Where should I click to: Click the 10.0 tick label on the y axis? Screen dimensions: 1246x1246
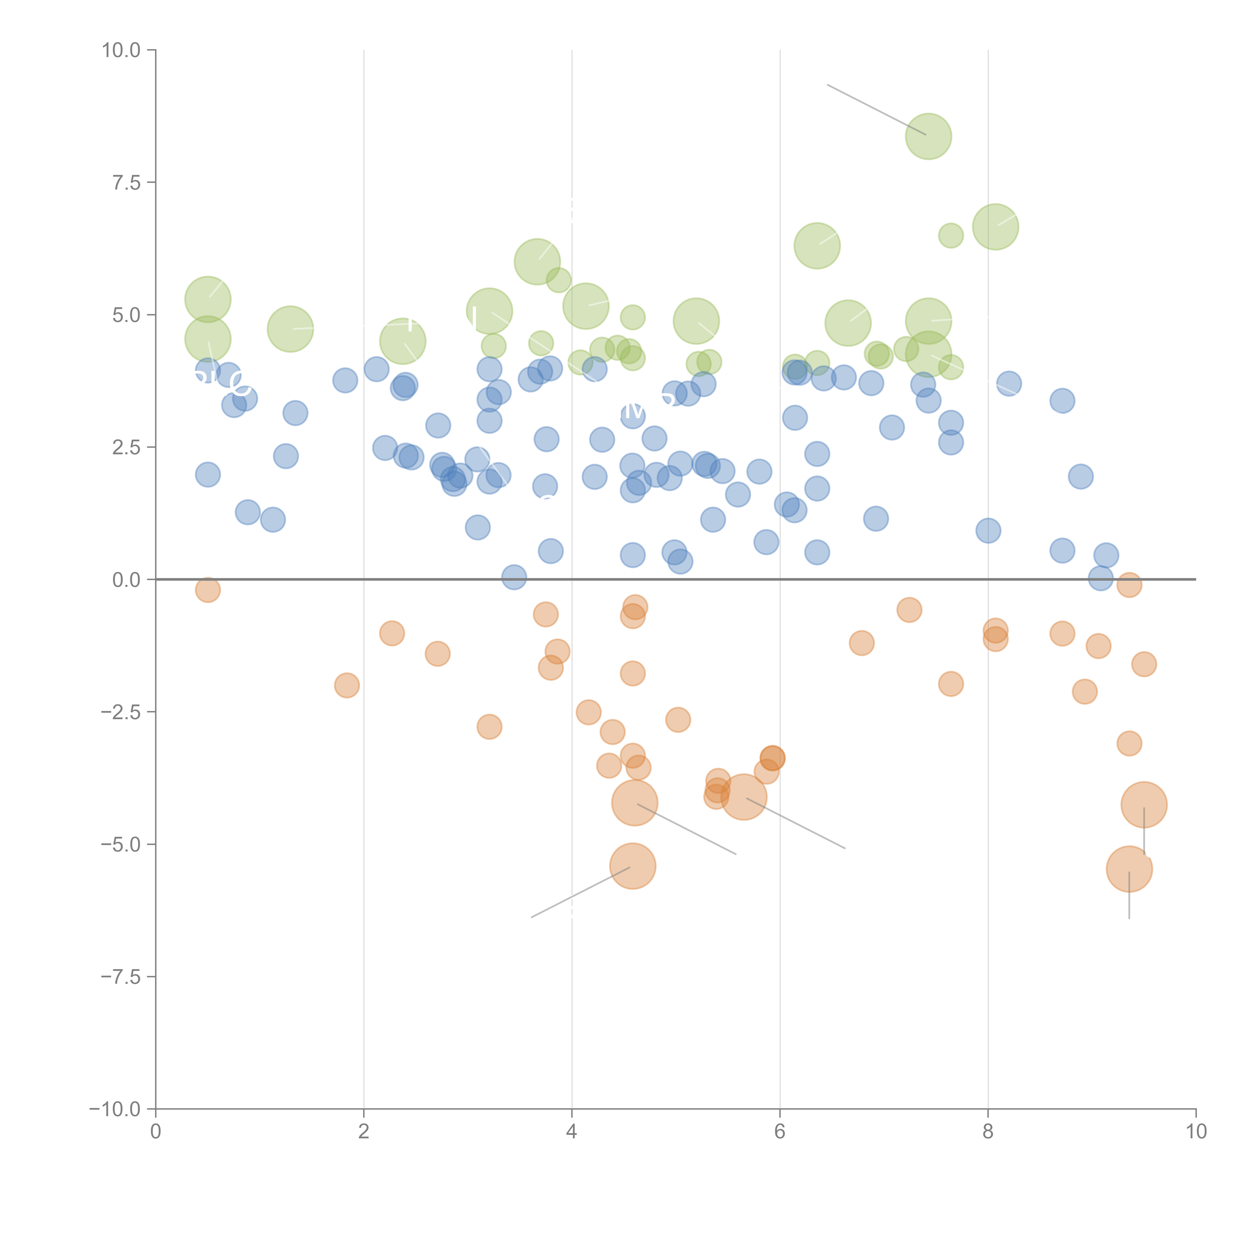tap(121, 50)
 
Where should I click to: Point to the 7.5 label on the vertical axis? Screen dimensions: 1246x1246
tap(126, 182)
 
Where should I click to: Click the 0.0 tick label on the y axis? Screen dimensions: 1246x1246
tap(126, 580)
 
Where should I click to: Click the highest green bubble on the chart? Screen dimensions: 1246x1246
tap(928, 136)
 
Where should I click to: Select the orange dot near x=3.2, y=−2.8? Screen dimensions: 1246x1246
tap(489, 727)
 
